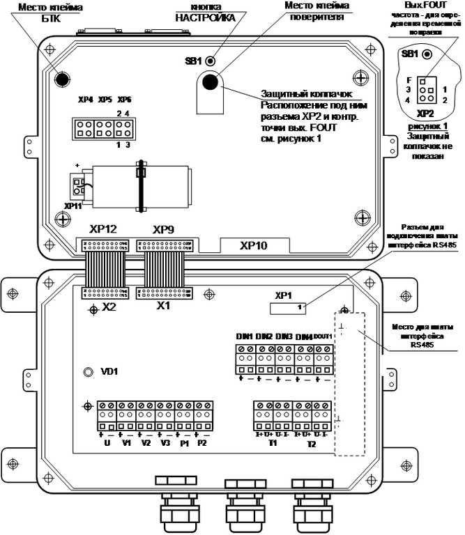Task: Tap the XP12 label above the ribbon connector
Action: click(103, 229)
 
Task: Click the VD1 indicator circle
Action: click(89, 373)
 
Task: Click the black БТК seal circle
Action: click(62, 78)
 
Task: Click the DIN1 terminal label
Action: click(244, 337)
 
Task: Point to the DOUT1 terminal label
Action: click(323, 337)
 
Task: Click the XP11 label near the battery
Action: click(71, 207)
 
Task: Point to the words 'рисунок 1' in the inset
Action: click(425, 125)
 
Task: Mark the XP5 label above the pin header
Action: click(105, 100)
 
